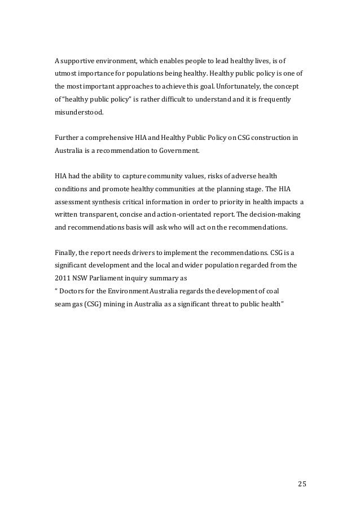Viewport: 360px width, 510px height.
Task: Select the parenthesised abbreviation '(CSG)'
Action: coord(90,305)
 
